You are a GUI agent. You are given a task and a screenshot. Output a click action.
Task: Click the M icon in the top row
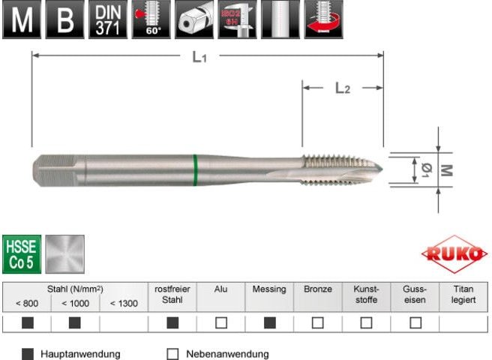[x=22, y=19]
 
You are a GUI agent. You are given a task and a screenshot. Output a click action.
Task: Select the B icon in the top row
[x=64, y=19]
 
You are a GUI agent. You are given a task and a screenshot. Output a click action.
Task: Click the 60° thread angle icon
[x=151, y=19]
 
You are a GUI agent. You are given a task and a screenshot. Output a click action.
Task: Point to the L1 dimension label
[x=199, y=56]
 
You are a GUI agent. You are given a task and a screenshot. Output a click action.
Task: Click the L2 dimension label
[x=342, y=88]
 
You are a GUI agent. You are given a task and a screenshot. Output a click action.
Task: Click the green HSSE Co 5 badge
[x=21, y=253]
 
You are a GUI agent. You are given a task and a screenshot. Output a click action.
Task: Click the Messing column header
[x=269, y=289]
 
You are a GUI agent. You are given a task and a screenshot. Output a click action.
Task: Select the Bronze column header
[x=318, y=289]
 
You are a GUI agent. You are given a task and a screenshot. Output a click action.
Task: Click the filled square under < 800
[x=27, y=323]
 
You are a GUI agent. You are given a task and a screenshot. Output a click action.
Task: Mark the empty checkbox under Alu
[x=221, y=323]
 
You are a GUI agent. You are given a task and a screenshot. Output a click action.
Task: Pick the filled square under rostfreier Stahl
[x=172, y=323]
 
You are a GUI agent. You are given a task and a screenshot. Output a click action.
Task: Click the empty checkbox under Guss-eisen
[x=415, y=323]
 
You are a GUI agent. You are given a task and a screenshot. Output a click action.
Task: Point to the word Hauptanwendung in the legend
[x=80, y=354]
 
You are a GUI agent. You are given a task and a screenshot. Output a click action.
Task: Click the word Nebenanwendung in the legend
[x=227, y=354]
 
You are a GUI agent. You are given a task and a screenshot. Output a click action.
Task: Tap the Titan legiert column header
[x=463, y=293]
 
